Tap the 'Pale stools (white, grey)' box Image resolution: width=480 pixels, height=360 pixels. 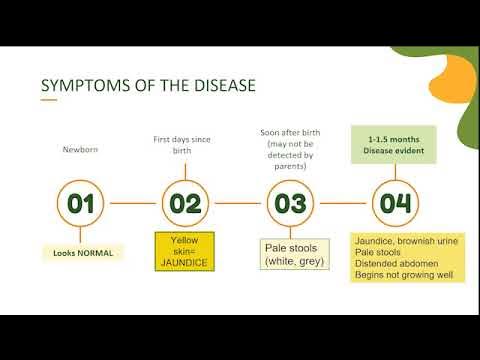pyautogui.click(x=290, y=254)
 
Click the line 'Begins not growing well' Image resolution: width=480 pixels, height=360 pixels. pyautogui.click(x=402, y=276)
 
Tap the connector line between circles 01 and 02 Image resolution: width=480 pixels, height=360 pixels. pyautogui.click(x=133, y=203)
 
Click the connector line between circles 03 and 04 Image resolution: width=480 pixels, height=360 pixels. pyautogui.click(x=342, y=203)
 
